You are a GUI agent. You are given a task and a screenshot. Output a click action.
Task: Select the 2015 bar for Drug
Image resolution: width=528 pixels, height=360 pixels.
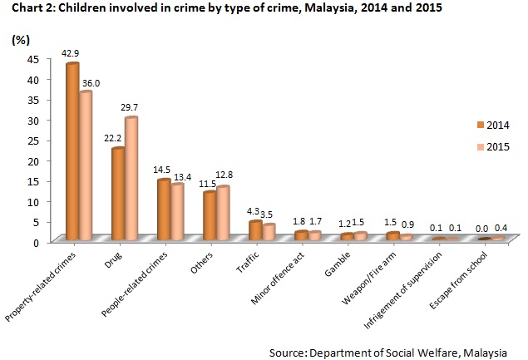point(131,179)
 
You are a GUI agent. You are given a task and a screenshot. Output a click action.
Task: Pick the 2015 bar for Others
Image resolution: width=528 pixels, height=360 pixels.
point(222,213)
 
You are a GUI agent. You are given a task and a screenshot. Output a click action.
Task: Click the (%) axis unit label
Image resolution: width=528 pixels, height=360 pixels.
point(21,40)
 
